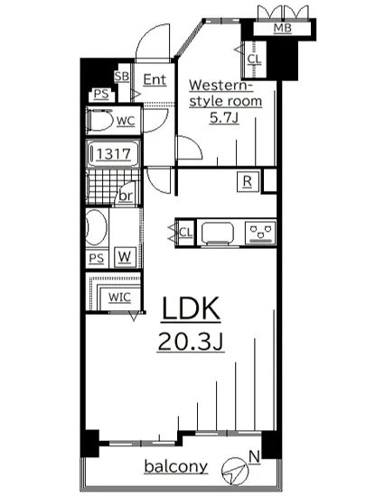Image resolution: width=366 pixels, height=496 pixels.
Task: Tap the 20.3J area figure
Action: pos(191,344)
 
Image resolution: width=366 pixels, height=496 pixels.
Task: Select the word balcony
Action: pos(177,466)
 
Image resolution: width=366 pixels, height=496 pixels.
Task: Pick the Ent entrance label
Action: pos(155,79)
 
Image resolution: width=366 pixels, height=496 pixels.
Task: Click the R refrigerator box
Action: pos(246,181)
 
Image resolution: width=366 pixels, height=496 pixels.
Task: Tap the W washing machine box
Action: pos(123,257)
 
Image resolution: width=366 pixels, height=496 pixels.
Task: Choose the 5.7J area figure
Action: pos(226,117)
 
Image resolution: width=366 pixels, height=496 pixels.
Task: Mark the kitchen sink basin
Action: pos(220,234)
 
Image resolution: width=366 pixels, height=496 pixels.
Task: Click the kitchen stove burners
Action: pos(260,234)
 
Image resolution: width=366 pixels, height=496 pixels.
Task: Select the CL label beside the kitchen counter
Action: pos(185,233)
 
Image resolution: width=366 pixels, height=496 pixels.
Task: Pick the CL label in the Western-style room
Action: pos(253,60)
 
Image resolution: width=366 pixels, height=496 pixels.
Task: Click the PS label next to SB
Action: pos(99,94)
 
